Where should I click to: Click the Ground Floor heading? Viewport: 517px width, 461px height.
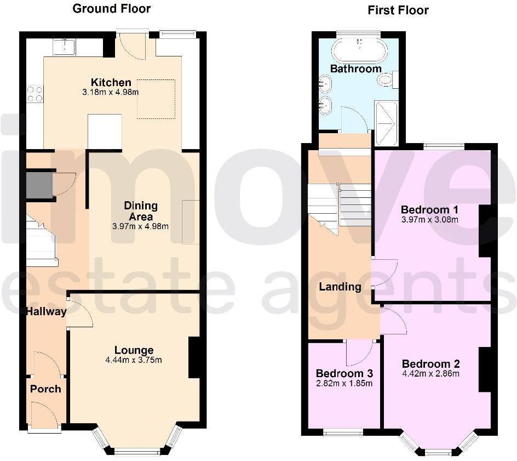click(x=111, y=8)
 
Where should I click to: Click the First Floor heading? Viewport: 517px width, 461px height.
click(x=398, y=10)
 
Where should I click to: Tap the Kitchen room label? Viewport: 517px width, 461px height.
click(x=111, y=82)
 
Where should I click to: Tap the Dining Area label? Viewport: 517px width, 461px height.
click(x=141, y=210)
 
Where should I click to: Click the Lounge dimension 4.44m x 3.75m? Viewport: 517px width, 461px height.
click(x=134, y=360)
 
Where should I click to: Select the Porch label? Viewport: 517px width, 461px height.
click(x=45, y=389)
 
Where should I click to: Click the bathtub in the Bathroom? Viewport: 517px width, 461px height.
click(x=360, y=51)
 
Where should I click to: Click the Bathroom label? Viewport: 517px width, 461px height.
click(x=355, y=69)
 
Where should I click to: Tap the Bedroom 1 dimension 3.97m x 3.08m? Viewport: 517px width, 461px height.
click(x=429, y=220)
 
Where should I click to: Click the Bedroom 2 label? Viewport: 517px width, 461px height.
click(x=430, y=364)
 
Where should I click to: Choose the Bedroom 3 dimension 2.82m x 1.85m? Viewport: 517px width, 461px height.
click(x=344, y=383)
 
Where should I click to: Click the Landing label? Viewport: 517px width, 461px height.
click(x=340, y=286)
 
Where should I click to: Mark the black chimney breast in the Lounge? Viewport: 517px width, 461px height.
click(x=194, y=357)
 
